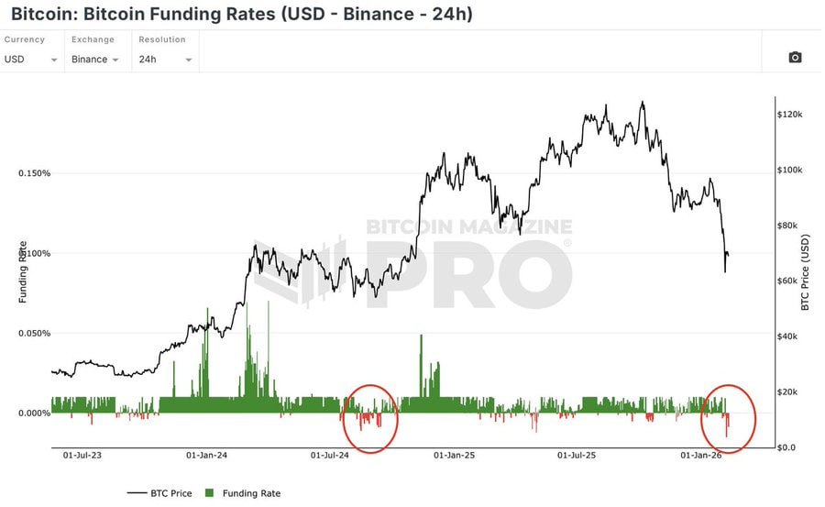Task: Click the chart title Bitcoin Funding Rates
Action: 242,15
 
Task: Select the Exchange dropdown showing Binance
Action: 96,59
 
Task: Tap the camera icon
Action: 795,58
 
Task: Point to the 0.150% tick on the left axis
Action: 34,173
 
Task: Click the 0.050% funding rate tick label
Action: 34,333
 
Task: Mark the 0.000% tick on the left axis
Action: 34,413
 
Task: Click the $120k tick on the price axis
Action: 791,115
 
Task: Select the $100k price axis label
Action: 791,171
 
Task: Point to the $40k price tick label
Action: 789,336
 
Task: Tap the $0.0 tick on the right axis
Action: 789,447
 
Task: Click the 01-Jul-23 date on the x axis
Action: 82,455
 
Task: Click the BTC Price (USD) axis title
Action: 806,272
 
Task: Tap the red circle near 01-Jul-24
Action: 370,418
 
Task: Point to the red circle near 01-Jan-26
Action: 729,417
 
